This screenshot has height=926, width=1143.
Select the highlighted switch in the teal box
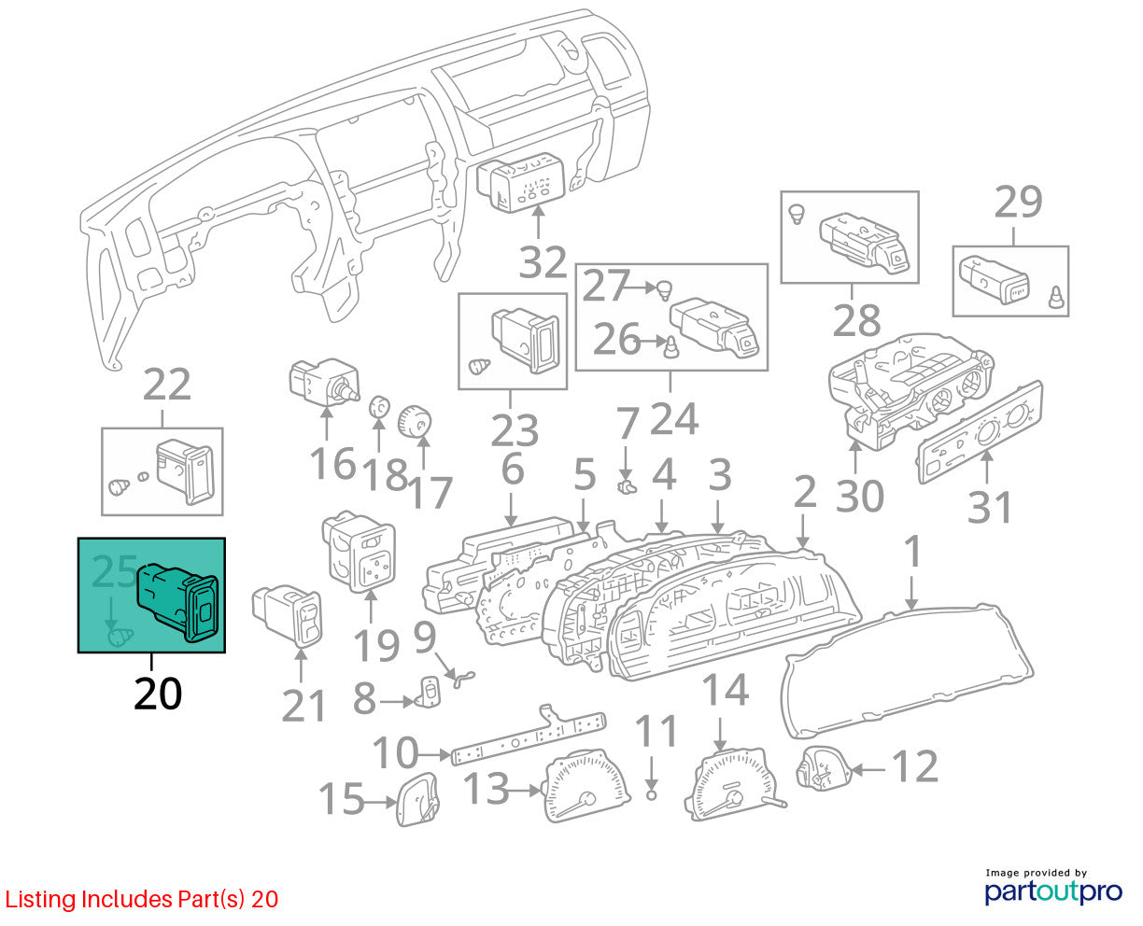[x=177, y=602]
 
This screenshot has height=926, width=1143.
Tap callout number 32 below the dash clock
[x=543, y=262]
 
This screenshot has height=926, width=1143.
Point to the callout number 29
[x=1018, y=202]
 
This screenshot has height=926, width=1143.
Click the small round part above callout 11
[x=651, y=794]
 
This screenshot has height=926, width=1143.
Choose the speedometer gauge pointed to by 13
[x=586, y=787]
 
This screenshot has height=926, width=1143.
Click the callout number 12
[x=914, y=766]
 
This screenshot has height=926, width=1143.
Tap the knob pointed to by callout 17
[x=415, y=422]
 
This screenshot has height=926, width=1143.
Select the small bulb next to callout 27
[x=665, y=289]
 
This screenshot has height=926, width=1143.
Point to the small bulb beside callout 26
[x=671, y=347]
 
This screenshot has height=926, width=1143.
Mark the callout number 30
[x=860, y=496]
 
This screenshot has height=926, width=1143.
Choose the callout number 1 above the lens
[x=912, y=552]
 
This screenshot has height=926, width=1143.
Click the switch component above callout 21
[x=287, y=616]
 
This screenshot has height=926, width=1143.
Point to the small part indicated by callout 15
[x=417, y=799]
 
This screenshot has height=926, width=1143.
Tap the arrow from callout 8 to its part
[x=397, y=701]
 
